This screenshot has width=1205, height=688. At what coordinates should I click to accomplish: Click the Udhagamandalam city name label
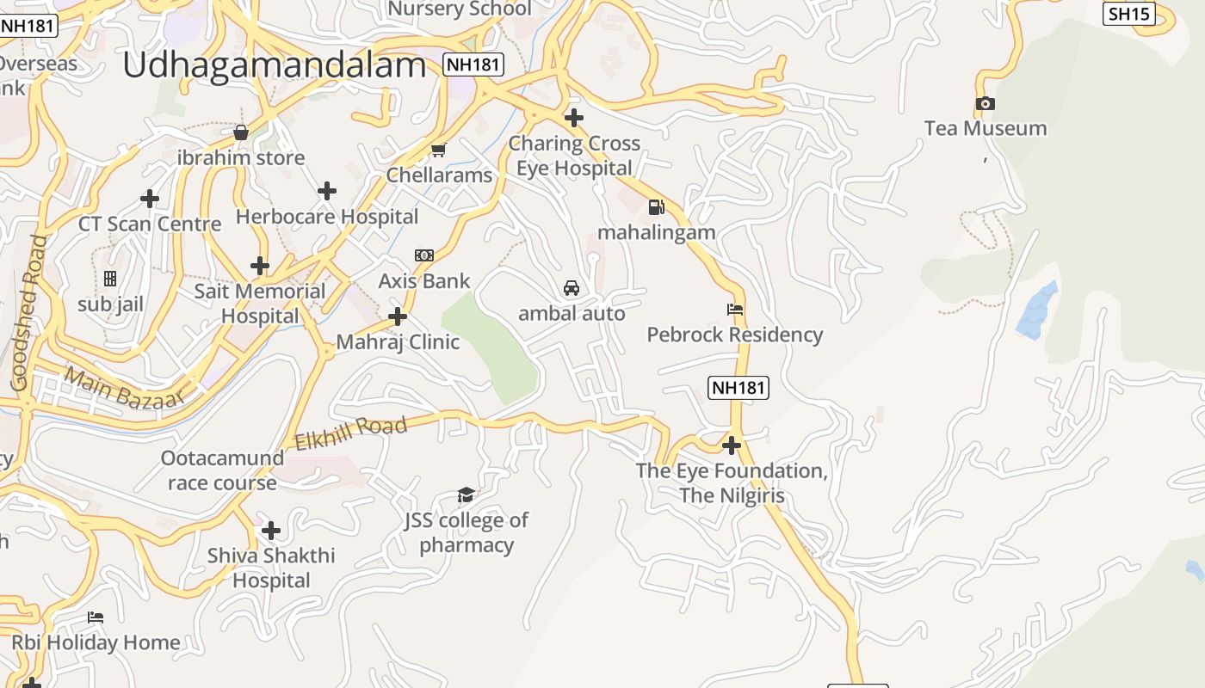pyautogui.click(x=274, y=65)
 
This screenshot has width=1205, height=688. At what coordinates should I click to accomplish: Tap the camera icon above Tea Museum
pyautogui.click(x=986, y=104)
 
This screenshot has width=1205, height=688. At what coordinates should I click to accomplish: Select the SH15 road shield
pyautogui.click(x=1128, y=13)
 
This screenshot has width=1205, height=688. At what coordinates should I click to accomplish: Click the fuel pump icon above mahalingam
pyautogui.click(x=657, y=207)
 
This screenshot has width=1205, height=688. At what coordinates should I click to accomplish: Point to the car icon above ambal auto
pyautogui.click(x=572, y=288)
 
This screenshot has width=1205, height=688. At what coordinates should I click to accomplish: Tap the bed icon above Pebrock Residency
pyautogui.click(x=735, y=310)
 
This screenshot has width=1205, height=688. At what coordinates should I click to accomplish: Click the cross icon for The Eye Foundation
pyautogui.click(x=732, y=445)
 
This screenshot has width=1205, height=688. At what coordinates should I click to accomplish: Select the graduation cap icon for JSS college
pyautogui.click(x=466, y=494)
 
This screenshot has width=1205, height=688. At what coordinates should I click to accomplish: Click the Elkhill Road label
pyautogui.click(x=350, y=433)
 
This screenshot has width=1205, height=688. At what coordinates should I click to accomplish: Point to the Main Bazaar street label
pyautogui.click(x=124, y=388)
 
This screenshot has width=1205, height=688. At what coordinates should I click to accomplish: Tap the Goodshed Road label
pyautogui.click(x=28, y=313)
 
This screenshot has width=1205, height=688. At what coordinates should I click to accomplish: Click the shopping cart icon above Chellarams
pyautogui.click(x=438, y=150)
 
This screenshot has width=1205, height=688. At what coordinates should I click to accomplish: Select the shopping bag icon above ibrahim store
pyautogui.click(x=241, y=132)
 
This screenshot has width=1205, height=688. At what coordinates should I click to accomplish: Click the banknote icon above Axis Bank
pyautogui.click(x=424, y=255)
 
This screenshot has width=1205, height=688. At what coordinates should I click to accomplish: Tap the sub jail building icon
pyautogui.click(x=110, y=279)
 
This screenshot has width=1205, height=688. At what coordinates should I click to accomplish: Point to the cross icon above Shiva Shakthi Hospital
pyautogui.click(x=271, y=531)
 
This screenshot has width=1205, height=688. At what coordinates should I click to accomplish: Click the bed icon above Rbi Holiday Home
pyautogui.click(x=96, y=617)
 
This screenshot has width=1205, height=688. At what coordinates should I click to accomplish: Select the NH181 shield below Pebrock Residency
pyautogui.click(x=738, y=388)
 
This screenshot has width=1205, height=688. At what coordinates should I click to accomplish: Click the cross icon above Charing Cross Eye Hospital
pyautogui.click(x=574, y=118)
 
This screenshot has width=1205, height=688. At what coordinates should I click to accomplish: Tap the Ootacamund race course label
pyautogui.click(x=222, y=470)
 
